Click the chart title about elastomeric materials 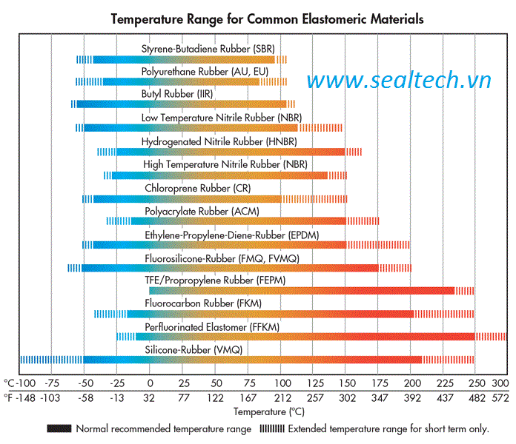268,19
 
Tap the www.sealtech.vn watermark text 400,81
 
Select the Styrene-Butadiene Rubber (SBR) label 208,48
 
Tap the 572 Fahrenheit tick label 500,397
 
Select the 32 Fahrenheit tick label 150,397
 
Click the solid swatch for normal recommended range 59,428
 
